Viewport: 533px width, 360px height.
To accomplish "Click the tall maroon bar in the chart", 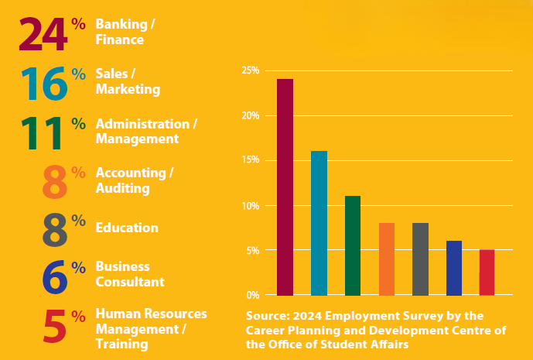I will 285,187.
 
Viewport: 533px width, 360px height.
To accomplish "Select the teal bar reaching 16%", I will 319,223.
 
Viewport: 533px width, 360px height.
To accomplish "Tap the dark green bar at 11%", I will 353,245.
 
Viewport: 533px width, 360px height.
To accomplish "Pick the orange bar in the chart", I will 387,259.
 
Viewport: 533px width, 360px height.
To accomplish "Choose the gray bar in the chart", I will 420,259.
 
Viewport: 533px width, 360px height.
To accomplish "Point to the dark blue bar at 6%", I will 454,268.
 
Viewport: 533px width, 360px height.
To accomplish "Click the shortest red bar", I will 487,273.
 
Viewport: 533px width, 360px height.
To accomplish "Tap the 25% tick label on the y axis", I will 250,70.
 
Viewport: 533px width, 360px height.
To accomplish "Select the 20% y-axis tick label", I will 250,115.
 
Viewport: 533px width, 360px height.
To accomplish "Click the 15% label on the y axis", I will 250,160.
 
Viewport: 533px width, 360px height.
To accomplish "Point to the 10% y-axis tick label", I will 250,205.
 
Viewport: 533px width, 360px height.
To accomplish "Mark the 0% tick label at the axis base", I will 253,295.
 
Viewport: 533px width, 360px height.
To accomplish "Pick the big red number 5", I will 53,327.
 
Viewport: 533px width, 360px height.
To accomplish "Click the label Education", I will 127,228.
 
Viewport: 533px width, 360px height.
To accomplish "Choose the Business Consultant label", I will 130,274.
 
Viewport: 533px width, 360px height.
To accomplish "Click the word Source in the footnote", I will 267,316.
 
